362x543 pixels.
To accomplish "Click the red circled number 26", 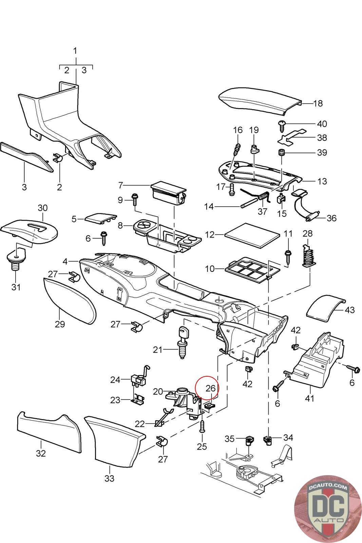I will tap(210, 388).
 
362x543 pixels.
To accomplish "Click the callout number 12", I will tap(210, 235).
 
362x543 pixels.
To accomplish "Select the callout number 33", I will tap(109, 478).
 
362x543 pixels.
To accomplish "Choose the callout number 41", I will tap(310, 398).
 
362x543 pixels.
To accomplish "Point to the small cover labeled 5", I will tap(100, 219).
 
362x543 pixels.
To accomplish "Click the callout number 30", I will tap(43, 207).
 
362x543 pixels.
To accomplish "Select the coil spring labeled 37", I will tap(264, 196).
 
